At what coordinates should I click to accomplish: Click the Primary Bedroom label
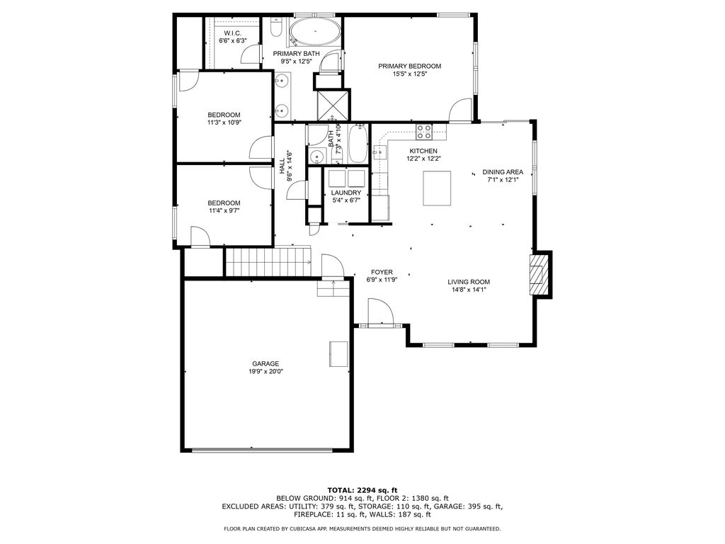click(x=409, y=66)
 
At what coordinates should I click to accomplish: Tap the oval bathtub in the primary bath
click(x=316, y=33)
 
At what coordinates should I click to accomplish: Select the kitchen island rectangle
click(x=437, y=188)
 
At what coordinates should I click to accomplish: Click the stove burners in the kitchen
click(x=424, y=132)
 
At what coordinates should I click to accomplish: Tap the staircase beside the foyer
click(x=267, y=262)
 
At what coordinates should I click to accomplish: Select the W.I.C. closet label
click(x=232, y=33)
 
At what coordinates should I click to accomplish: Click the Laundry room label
click(x=346, y=193)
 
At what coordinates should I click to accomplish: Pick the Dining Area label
click(x=503, y=172)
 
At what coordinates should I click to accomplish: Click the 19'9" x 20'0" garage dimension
click(x=266, y=371)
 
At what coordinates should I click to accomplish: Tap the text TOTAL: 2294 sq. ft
click(x=362, y=490)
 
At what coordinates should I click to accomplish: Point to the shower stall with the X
click(x=333, y=104)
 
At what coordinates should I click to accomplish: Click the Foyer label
click(x=382, y=273)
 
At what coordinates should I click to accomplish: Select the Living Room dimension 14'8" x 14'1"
click(x=469, y=290)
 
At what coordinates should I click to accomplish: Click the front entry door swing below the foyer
click(x=380, y=312)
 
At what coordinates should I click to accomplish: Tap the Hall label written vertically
click(x=282, y=166)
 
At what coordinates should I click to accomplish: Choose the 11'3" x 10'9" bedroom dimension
click(x=224, y=123)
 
